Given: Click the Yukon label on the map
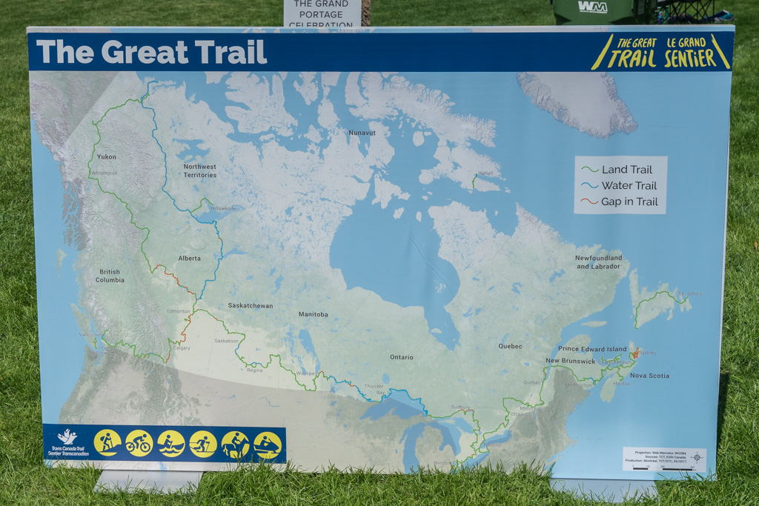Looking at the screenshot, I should (x=107, y=156).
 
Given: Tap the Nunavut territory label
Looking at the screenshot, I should (x=362, y=133).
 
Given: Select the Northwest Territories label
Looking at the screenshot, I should (x=200, y=170).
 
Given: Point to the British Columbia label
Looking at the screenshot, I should (x=110, y=276).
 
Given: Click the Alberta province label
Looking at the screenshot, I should (x=189, y=259).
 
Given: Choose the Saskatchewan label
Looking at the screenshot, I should (x=251, y=305).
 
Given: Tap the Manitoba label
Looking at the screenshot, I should (x=313, y=314).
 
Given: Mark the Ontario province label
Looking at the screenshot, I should (x=401, y=357).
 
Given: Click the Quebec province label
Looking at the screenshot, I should (x=510, y=346).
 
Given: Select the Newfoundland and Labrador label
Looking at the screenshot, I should (x=598, y=262).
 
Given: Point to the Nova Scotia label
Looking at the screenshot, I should (x=649, y=376).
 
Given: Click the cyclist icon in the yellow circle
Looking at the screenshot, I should (x=139, y=443).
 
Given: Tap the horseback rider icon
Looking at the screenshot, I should (x=235, y=445).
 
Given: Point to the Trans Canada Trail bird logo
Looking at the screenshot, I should (x=67, y=437).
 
